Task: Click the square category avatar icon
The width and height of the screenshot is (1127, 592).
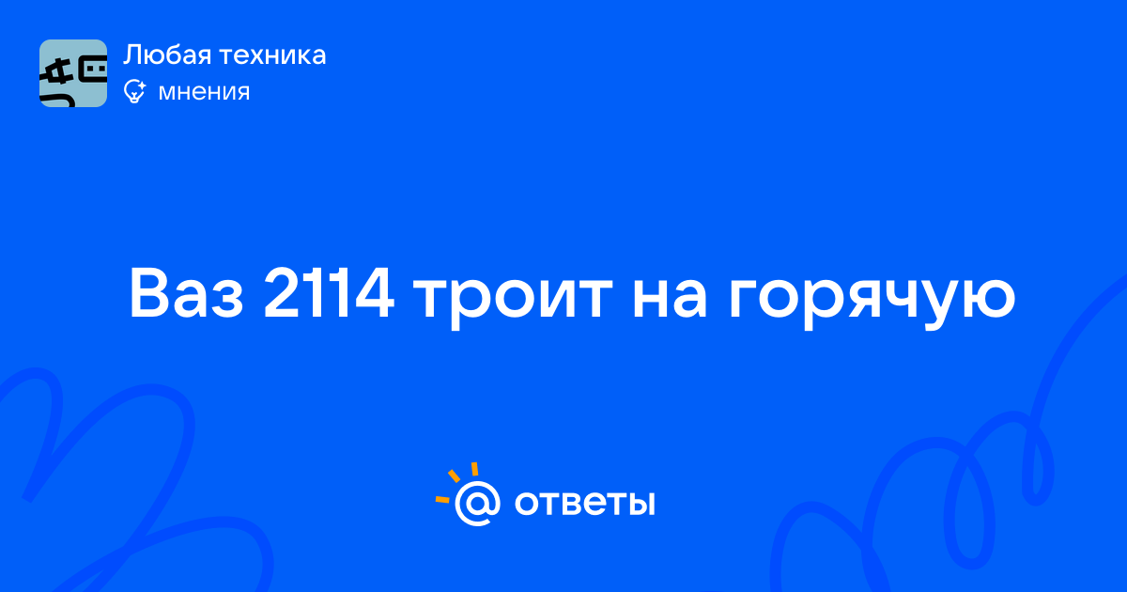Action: pos(73,73)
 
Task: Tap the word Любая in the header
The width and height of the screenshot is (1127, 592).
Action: pos(167,55)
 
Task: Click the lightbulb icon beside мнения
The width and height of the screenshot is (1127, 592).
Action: pos(134,91)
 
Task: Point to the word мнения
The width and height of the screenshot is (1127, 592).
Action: pos(204,92)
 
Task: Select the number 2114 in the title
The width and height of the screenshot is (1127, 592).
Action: pos(329,293)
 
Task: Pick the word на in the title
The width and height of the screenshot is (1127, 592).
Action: pos(669,300)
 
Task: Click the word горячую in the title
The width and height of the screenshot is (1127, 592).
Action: pos(872,300)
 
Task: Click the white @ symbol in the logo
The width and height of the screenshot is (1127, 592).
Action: pos(477,504)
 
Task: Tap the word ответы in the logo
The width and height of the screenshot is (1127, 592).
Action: pos(584,504)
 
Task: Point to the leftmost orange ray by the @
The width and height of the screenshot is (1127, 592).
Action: pos(442,499)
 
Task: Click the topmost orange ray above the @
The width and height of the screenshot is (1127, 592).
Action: pos(474,469)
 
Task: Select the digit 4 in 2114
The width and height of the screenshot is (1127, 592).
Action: pos(374,293)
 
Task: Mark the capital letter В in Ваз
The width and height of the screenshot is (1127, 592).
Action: pos(150,293)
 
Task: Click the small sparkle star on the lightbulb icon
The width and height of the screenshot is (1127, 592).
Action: pos(142,84)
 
